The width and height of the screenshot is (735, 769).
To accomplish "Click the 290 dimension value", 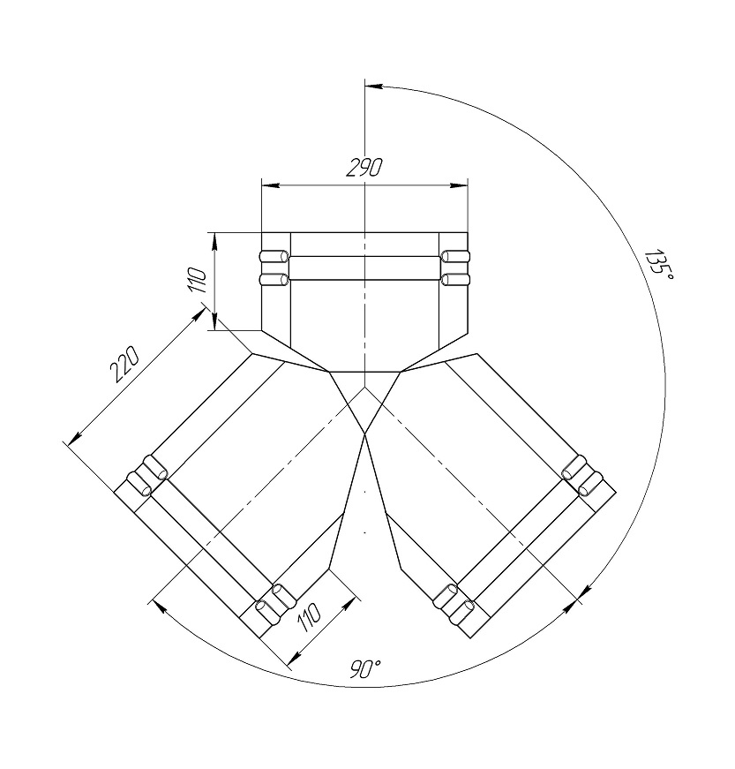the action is tap(364, 167).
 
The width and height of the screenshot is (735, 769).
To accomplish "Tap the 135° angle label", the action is tap(658, 265).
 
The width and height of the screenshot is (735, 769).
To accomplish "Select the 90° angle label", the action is tap(365, 669).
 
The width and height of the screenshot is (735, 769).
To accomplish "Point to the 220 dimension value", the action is tap(124, 364).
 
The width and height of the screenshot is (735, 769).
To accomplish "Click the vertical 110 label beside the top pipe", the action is tap(198, 281).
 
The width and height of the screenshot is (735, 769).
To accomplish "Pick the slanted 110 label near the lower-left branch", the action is tap(309, 616).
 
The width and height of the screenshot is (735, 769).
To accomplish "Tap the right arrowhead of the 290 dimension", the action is tap(459, 185).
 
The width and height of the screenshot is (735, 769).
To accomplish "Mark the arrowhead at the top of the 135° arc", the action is tap(374, 86).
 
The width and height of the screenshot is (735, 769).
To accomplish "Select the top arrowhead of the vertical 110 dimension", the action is tap(214, 241).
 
